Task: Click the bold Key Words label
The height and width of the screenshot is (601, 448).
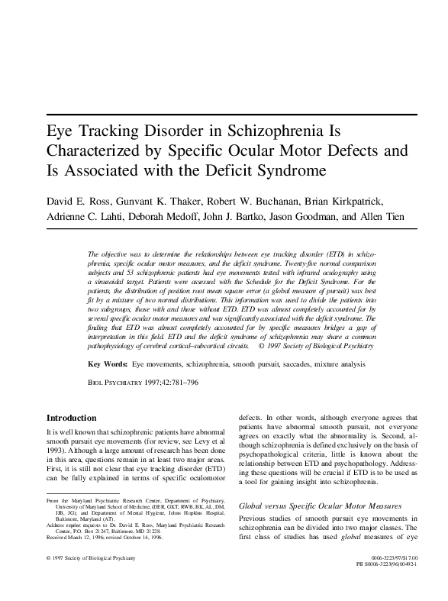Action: (108, 366)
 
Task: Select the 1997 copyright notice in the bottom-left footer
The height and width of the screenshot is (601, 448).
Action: (91, 580)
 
